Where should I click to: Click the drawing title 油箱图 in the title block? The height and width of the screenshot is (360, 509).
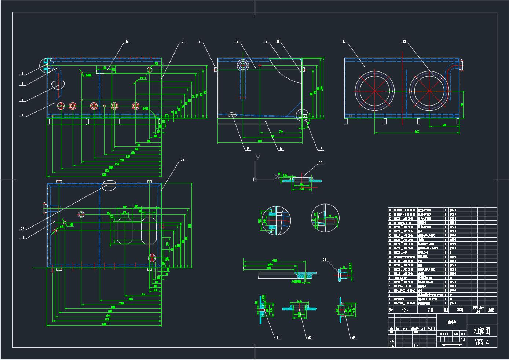482,331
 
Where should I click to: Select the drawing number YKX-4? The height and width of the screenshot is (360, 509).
482,342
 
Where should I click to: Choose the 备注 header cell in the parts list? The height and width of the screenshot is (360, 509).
491,310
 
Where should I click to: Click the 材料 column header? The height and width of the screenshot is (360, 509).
459,310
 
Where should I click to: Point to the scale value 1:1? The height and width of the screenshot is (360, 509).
463,340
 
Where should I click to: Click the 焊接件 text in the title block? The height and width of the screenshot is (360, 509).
452,323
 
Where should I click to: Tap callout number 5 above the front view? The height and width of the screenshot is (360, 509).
127,41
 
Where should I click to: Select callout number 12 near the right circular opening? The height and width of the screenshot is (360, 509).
404,41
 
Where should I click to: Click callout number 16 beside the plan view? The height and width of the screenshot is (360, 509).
182,159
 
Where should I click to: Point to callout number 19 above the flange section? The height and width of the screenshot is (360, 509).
320,163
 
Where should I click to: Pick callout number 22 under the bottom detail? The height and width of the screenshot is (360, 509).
310,338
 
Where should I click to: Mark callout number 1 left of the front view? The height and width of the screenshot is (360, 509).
23,74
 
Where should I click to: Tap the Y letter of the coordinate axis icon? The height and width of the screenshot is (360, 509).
258,158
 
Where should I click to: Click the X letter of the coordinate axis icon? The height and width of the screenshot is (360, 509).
277,177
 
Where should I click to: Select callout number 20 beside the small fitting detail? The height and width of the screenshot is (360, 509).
324,260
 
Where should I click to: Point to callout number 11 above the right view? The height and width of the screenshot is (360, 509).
344,41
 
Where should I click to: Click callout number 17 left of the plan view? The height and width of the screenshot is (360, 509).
23,229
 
